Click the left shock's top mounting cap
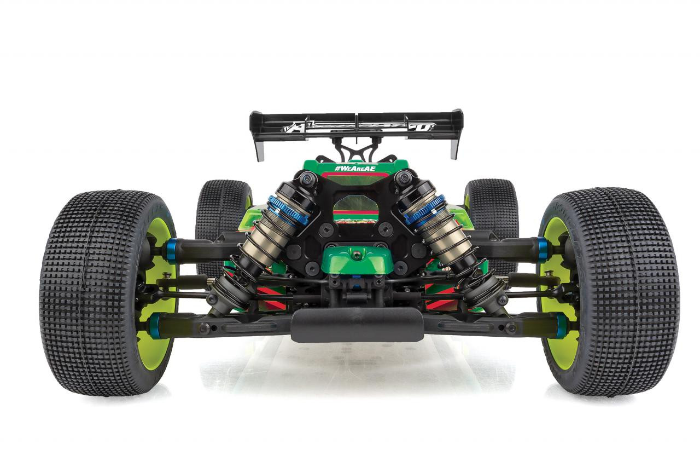point(307,178)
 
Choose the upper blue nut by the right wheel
point(542,250)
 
